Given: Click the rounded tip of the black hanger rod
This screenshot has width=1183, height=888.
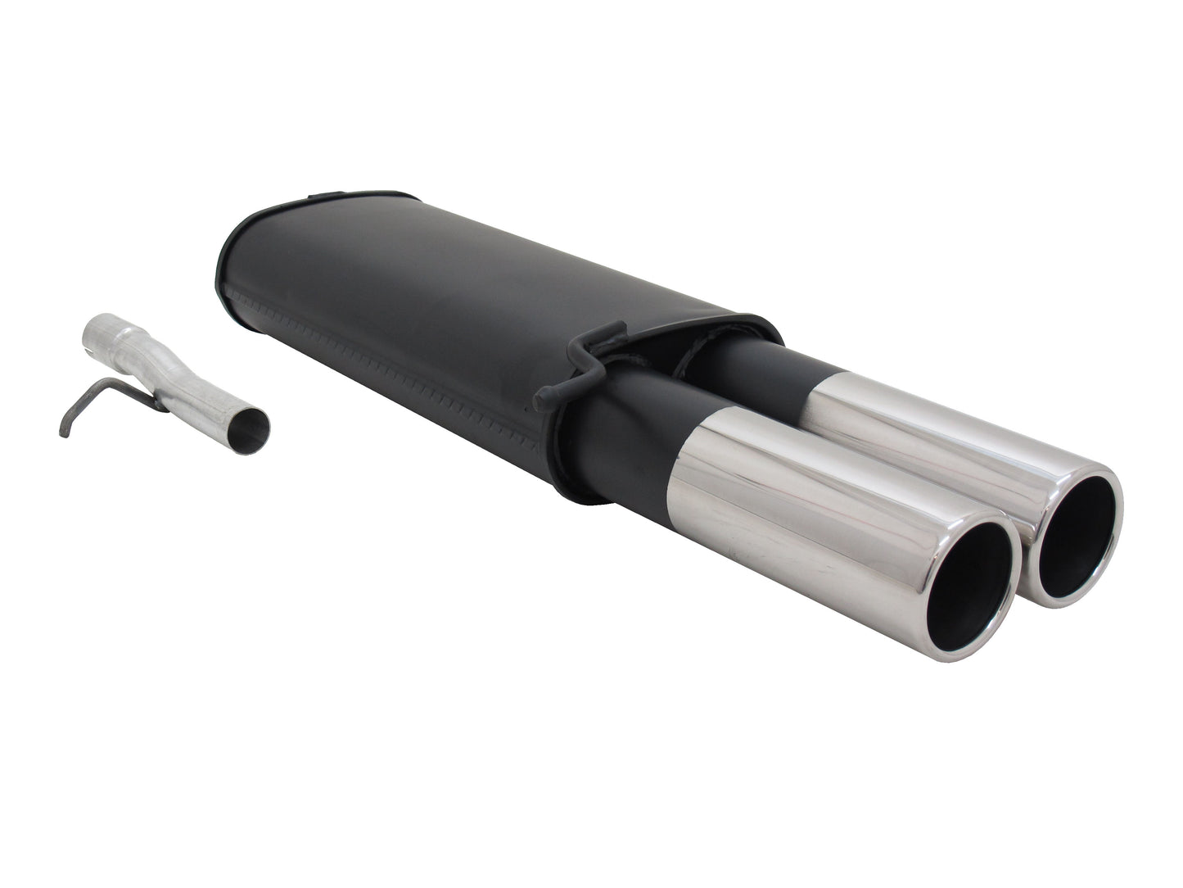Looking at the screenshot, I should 541,401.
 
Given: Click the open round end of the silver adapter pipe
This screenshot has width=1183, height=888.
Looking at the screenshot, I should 252,426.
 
